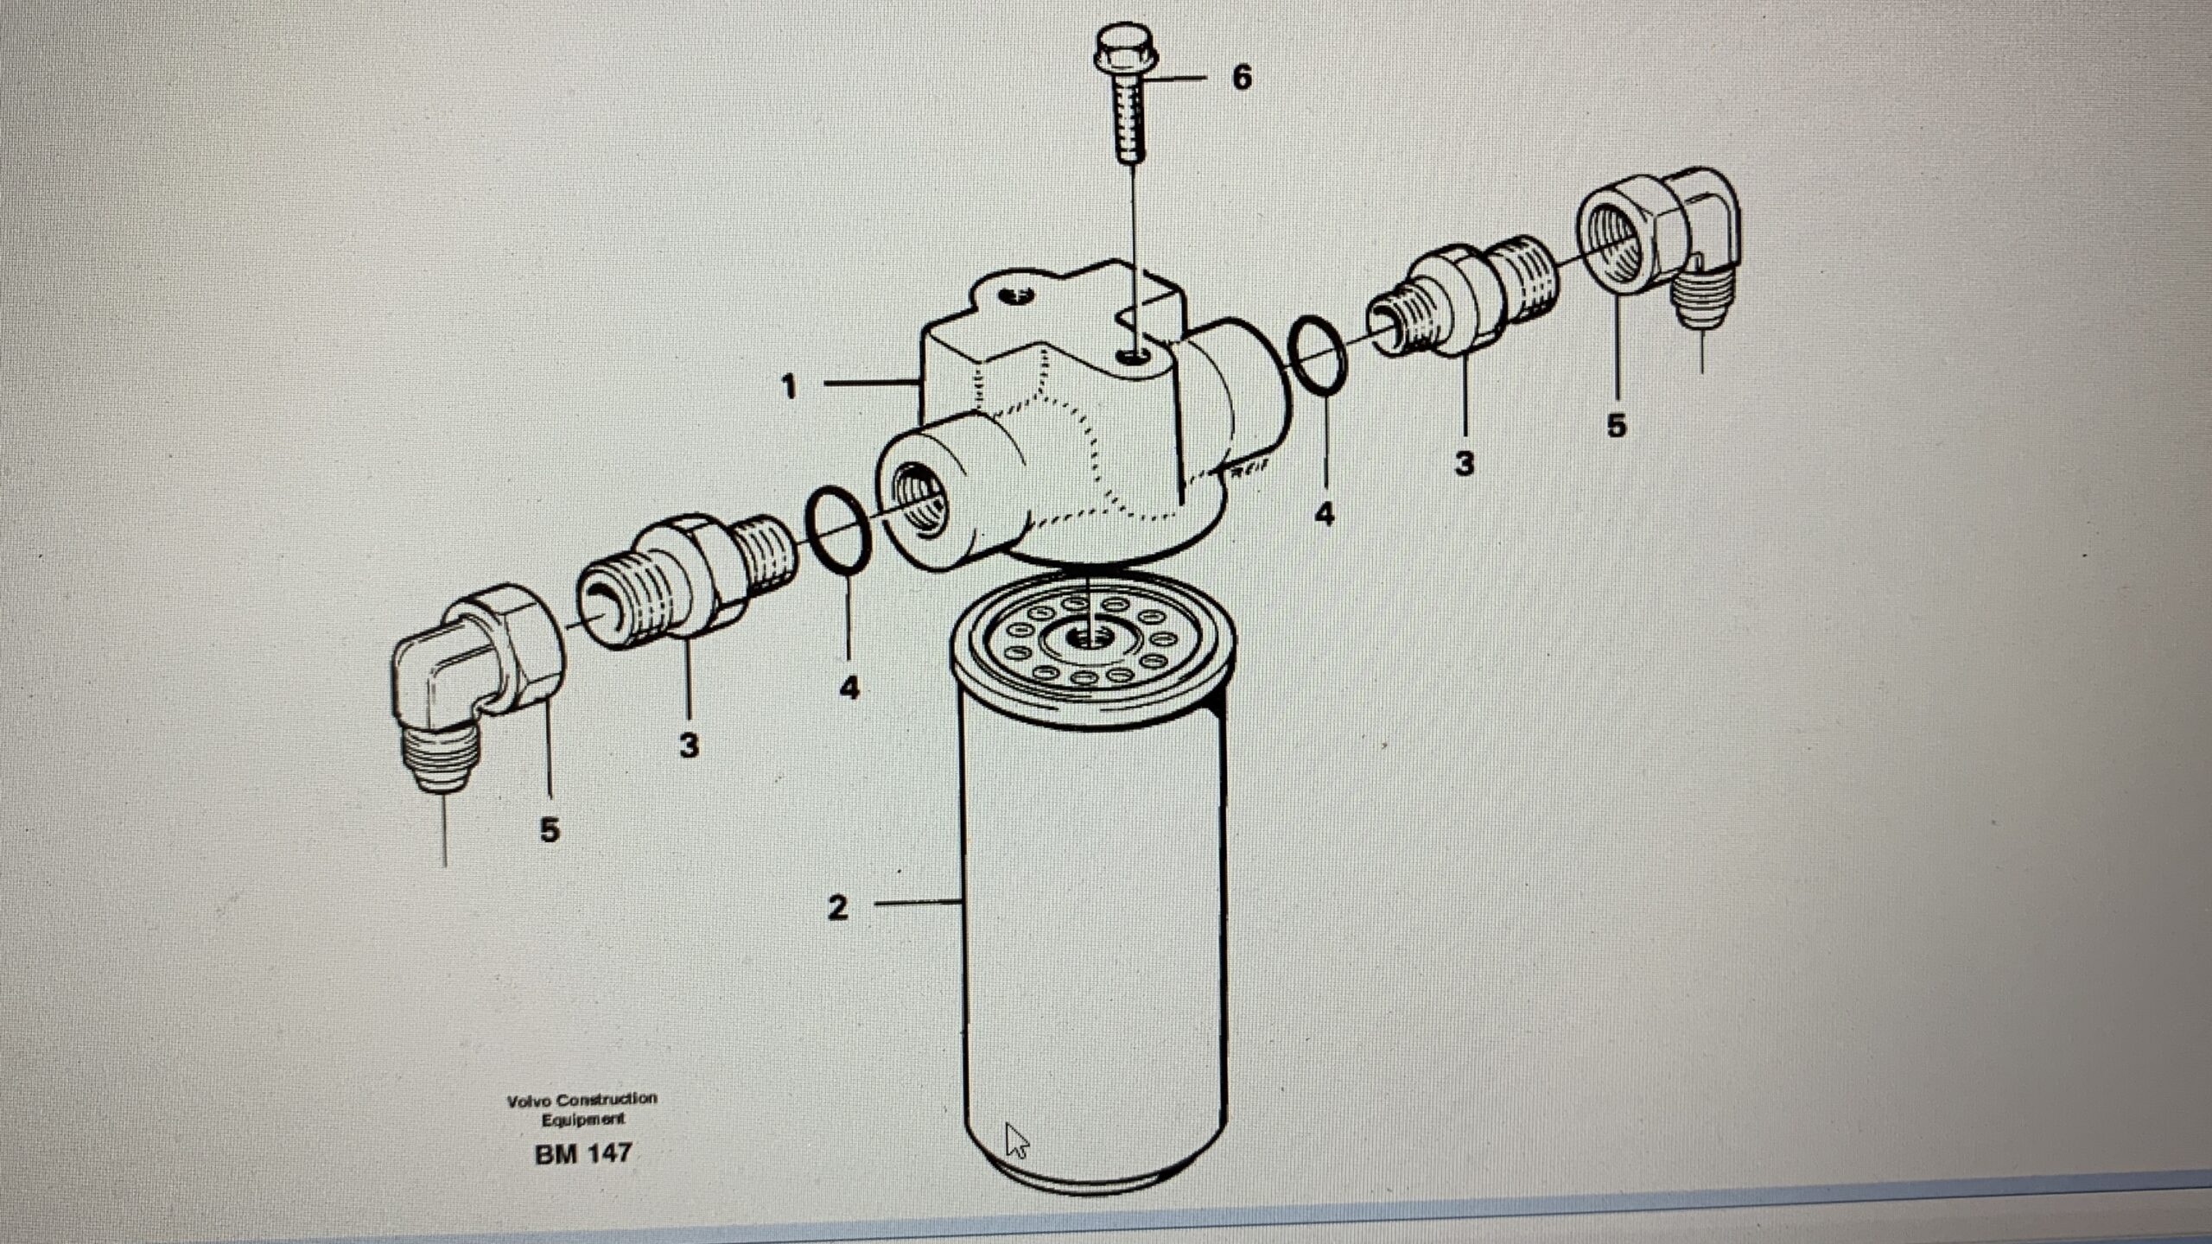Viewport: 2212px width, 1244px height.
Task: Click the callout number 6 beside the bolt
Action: [1241, 78]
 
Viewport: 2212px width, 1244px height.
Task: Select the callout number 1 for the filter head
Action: [788, 386]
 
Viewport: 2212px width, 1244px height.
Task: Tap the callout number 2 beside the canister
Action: [837, 907]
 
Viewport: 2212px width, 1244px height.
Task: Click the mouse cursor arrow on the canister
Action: [1016, 1139]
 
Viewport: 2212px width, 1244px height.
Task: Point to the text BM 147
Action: [583, 1153]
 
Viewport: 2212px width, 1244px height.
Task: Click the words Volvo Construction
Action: [582, 1100]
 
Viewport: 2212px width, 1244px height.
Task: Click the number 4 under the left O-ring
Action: [849, 688]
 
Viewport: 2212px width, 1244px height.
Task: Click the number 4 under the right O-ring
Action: [1324, 515]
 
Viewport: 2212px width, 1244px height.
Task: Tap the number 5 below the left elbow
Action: [550, 829]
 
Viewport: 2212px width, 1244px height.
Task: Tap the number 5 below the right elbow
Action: [1616, 425]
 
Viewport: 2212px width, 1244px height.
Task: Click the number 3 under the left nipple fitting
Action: [689, 745]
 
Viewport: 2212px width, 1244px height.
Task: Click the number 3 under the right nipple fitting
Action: [1464, 464]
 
